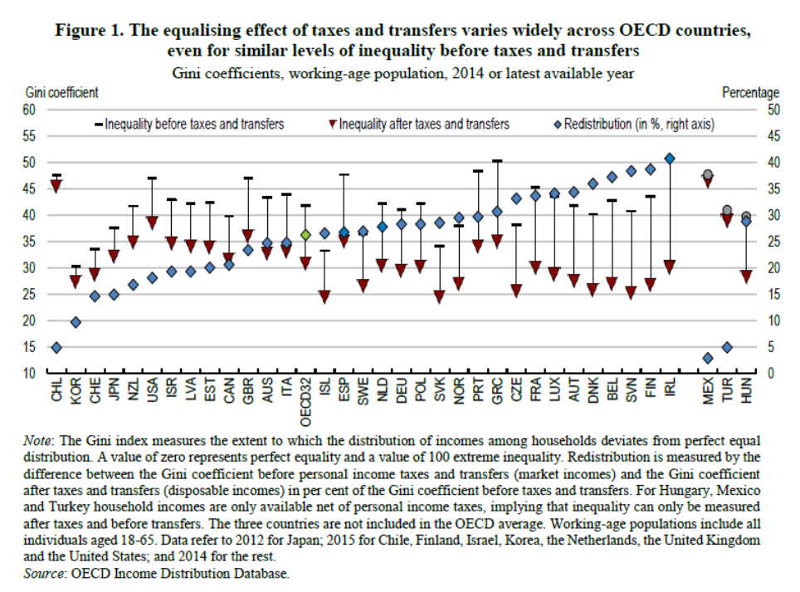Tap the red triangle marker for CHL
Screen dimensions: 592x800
coord(56,187)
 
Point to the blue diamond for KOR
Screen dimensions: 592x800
coord(76,322)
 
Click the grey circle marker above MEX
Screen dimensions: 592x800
coord(708,174)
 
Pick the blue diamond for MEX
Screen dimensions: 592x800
coord(708,358)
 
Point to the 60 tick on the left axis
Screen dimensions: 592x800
coord(29,109)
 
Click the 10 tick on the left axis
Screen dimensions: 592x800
coord(29,373)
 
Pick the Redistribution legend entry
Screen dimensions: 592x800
coord(632,125)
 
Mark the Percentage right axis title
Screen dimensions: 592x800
coord(750,93)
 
